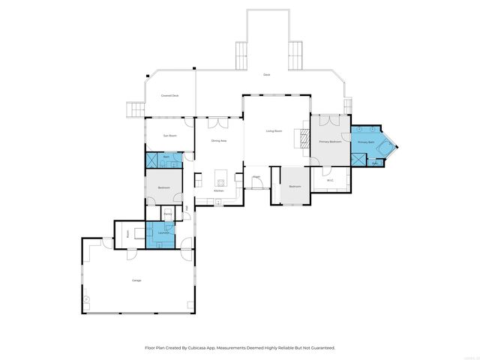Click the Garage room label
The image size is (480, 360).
pyautogui.click(x=136, y=280)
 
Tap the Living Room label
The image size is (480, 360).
pyautogui.click(x=274, y=131)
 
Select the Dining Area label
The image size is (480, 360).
pyautogui.click(x=219, y=140)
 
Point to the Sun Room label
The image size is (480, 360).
pyautogui.click(x=170, y=136)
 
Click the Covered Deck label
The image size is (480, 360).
pyautogui.click(x=170, y=96)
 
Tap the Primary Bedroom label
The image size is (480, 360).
pyautogui.click(x=331, y=141)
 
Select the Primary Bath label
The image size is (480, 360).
pyautogui.click(x=365, y=142)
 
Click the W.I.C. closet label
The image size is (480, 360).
pyautogui.click(x=330, y=180)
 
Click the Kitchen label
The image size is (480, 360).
pyautogui.click(x=218, y=190)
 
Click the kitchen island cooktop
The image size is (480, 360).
pyautogui.click(x=220, y=178)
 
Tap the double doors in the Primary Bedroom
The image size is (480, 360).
pyautogui.click(x=330, y=120)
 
